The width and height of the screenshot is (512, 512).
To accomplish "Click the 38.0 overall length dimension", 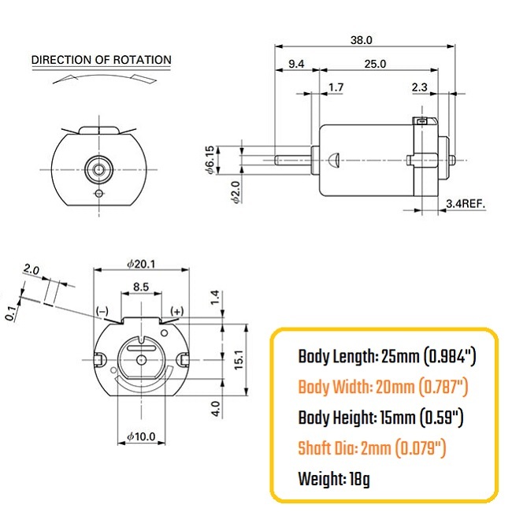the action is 361,40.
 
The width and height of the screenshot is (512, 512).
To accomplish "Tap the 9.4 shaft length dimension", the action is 296,64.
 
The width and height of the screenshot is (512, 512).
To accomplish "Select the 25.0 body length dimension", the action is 375,64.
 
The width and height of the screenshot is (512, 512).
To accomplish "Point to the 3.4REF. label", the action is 466,204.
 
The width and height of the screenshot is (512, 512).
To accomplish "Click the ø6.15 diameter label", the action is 210,160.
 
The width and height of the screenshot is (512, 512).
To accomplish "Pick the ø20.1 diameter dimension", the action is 141,264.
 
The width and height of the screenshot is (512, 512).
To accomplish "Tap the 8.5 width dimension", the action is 141,287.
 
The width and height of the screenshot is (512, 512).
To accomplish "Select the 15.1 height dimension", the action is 239,359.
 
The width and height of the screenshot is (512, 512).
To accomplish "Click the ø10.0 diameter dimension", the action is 141,436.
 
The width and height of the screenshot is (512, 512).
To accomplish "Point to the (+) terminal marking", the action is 176,311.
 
